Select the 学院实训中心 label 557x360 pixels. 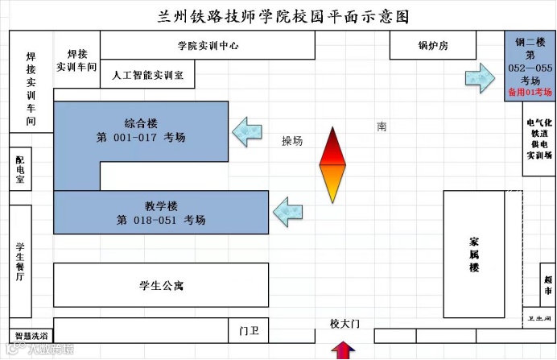click(x=208, y=46)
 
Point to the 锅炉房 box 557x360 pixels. click(x=433, y=46)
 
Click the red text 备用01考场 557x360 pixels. click(x=529, y=93)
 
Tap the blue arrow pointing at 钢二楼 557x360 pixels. click(x=482, y=78)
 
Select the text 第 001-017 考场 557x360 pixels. click(x=141, y=138)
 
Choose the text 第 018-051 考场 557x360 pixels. click(x=161, y=219)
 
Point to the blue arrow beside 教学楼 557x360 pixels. click(x=287, y=211)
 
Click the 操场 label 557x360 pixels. click(x=292, y=141)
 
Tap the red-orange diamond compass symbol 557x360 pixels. click(x=332, y=165)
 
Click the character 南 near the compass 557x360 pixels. click(x=382, y=126)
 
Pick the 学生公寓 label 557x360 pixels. click(x=161, y=286)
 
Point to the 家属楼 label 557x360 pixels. click(x=475, y=254)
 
